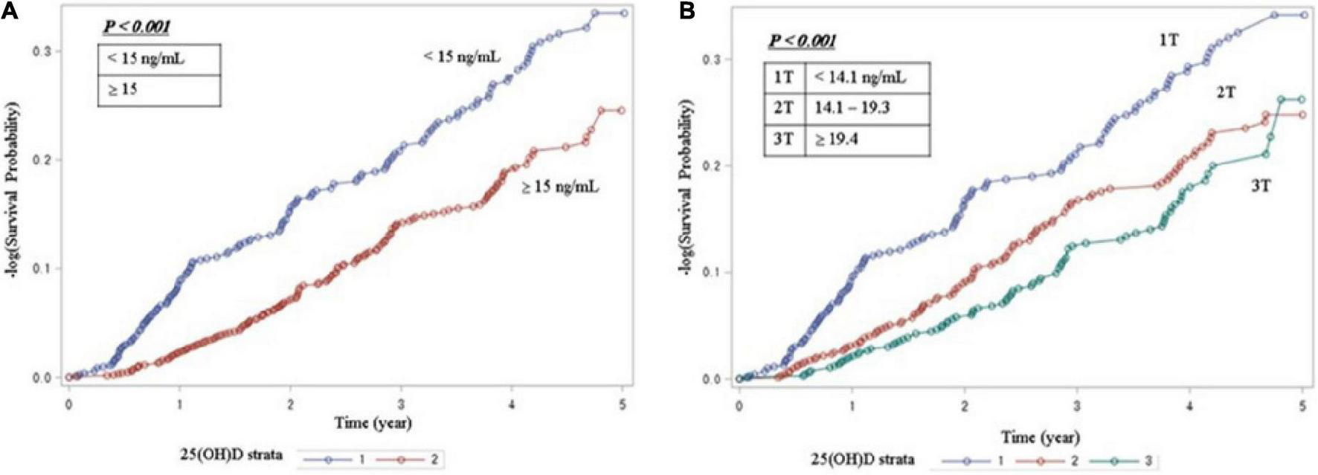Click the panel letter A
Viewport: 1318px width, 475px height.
(10, 11)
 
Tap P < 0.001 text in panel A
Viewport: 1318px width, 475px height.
(136, 28)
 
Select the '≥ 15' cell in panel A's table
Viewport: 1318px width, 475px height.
(123, 89)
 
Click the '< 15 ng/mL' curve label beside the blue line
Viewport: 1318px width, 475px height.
(462, 56)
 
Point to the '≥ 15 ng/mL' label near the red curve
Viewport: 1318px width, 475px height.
(559, 187)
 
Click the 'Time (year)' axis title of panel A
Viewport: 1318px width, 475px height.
(373, 423)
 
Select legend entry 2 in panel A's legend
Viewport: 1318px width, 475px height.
(434, 459)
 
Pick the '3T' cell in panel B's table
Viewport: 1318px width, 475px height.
(784, 139)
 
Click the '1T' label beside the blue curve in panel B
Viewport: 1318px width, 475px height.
(1168, 41)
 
